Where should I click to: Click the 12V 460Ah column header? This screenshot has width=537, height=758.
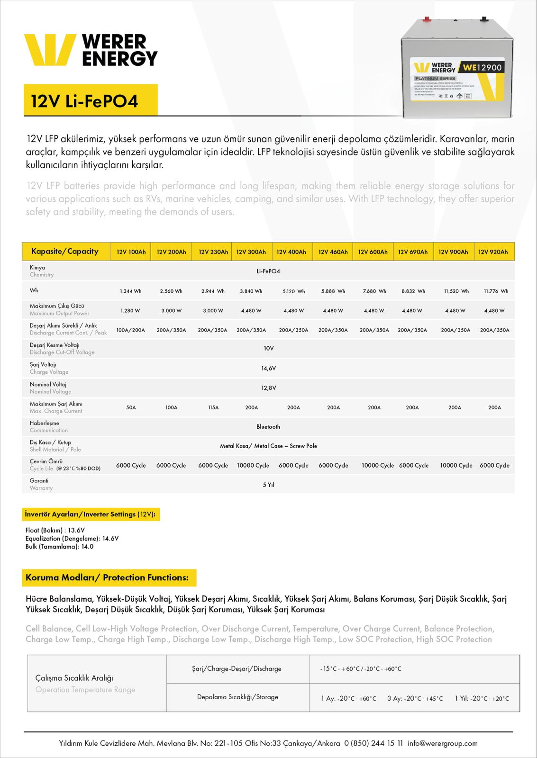click(333, 252)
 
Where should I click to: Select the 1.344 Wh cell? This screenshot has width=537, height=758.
click(130, 291)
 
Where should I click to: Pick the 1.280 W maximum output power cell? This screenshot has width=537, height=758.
click(130, 311)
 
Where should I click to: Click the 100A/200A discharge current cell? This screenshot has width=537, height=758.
click(131, 330)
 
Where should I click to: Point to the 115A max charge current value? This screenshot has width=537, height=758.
click(213, 407)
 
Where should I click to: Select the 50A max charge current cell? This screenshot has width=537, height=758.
click(131, 407)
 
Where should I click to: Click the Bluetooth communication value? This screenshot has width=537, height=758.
click(268, 427)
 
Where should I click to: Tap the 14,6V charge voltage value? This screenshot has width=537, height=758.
click(269, 369)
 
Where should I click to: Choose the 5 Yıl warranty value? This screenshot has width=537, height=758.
click(269, 485)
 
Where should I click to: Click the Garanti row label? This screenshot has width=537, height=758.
click(39, 481)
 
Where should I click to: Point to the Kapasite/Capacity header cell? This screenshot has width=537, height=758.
click(65, 252)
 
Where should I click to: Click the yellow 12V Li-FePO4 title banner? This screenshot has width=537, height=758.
click(91, 100)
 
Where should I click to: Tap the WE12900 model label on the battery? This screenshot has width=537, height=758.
click(482, 68)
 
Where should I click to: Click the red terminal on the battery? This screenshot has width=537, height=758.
click(427, 19)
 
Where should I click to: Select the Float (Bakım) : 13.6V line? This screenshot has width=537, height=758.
click(55, 530)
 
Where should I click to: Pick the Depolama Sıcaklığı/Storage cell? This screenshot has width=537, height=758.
click(237, 697)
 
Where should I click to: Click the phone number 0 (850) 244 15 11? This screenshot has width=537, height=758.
click(373, 743)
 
